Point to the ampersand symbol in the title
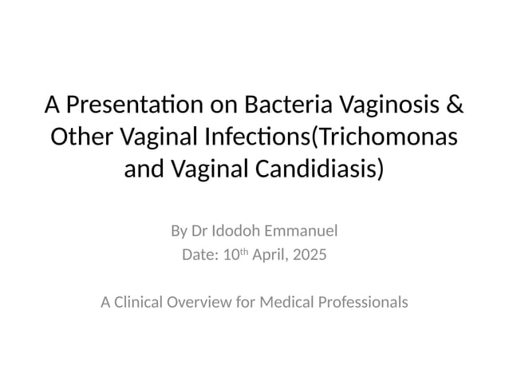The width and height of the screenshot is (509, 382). pyautogui.click(x=455, y=105)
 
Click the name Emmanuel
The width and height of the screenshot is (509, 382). pyautogui.click(x=303, y=232)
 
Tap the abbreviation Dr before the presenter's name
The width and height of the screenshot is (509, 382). pyautogui.click(x=199, y=232)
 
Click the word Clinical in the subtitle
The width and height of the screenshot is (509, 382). pyautogui.click(x=139, y=303)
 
